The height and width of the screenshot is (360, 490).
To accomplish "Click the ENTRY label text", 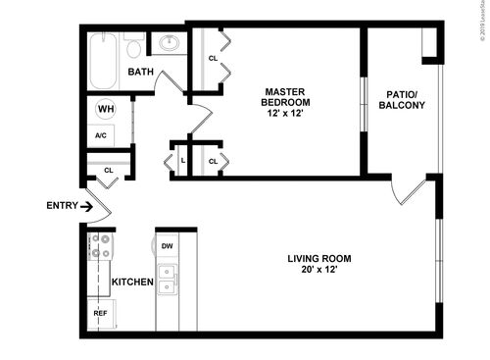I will (62, 206).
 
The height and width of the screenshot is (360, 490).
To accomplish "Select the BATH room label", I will (140, 72).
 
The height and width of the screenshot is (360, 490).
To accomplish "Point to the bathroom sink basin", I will (169, 43).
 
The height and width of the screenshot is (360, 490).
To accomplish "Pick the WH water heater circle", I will (106, 110).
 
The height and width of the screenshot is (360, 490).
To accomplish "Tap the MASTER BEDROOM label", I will (286, 97).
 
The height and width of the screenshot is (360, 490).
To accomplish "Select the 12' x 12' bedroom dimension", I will (286, 114).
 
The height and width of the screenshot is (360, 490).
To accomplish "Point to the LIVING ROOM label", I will (318, 259).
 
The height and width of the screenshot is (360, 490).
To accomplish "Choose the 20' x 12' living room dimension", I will (318, 271).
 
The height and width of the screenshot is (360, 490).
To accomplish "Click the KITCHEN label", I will (132, 283).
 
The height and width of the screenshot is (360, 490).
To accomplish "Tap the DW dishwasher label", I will (168, 246).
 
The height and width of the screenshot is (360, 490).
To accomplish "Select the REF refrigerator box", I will (100, 313).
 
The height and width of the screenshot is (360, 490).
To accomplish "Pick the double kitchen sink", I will (169, 279).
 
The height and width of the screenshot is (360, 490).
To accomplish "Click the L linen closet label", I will (183, 160).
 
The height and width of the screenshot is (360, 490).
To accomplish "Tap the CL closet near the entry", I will (109, 171).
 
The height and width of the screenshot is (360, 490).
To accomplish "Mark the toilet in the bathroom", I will (133, 44).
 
